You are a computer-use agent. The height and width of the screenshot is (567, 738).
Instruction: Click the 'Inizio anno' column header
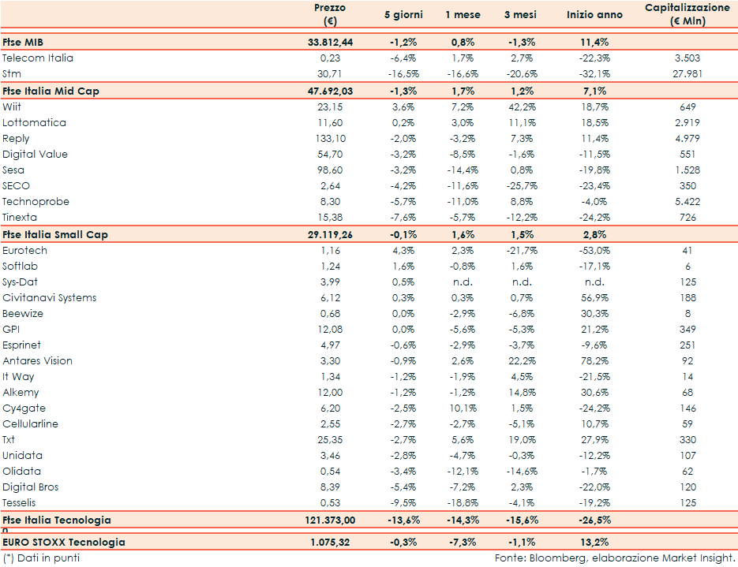[594, 15]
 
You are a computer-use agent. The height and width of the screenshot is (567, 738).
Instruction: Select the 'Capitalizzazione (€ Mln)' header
[687, 14]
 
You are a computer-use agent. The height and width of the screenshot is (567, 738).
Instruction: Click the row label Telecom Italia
[38, 58]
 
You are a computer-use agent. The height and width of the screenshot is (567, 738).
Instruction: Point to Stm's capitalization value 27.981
[687, 73]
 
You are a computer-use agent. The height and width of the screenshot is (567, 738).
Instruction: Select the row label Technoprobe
[36, 201]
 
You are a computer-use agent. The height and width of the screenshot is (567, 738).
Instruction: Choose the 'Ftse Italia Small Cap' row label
[55, 234]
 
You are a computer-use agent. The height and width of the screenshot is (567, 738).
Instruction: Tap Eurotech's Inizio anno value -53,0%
[594, 250]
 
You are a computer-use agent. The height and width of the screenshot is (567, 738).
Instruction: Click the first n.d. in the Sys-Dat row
[462, 282]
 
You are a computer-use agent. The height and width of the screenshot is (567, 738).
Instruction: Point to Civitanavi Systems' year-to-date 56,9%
[594, 297]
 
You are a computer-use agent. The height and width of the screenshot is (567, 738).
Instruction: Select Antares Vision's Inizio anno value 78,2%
[594, 360]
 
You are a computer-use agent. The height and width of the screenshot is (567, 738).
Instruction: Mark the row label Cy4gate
[24, 408]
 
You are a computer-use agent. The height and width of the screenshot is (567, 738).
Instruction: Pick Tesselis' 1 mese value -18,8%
[462, 502]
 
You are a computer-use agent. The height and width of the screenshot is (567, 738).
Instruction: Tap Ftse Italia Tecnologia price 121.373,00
[329, 520]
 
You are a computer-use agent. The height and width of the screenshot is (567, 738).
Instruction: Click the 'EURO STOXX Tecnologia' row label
[64, 542]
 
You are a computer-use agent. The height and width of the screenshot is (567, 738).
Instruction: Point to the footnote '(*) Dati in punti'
[41, 558]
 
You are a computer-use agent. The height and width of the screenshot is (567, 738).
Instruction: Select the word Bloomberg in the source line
[556, 558]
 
